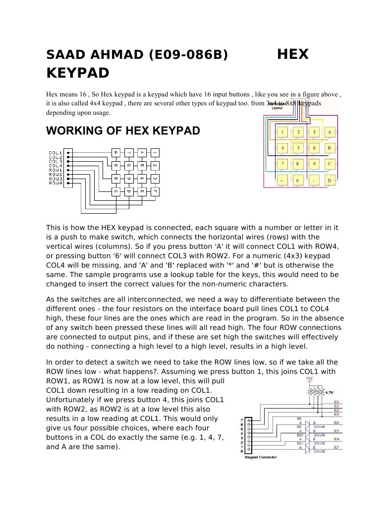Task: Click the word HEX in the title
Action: click(x=292, y=54)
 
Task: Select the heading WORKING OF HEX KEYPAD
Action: click(x=123, y=131)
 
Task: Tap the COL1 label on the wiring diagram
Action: click(x=55, y=152)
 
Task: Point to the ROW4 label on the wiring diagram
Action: click(x=55, y=184)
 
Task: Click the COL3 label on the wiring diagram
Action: click(x=55, y=161)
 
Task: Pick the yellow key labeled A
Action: click(x=330, y=132)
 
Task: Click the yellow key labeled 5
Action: click(x=298, y=147)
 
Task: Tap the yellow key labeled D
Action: click(x=330, y=181)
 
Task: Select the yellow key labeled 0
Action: click(x=298, y=181)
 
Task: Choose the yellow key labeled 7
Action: click(x=282, y=163)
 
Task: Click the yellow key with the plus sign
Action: click(x=282, y=181)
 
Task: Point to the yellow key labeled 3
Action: click(x=314, y=132)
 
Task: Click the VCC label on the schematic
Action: click(x=310, y=379)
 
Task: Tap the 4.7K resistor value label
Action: click(x=329, y=392)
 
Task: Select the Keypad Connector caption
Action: click(x=261, y=458)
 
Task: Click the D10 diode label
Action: click(x=299, y=435)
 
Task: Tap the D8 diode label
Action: click(x=299, y=418)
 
